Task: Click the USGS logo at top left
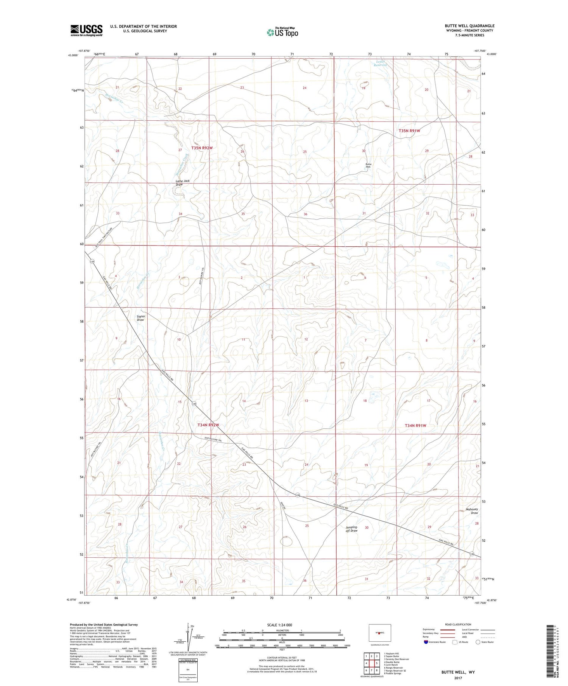pos(86,30)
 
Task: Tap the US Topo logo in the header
pos(282,32)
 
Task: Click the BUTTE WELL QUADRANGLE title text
pos(469,26)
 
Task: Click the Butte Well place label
pos(368,165)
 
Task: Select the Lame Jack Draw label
pos(182,183)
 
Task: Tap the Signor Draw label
pos(140,318)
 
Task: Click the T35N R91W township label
pos(409,131)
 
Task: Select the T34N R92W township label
pos(208,425)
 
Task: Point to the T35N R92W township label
pos(202,148)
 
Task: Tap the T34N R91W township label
pos(415,426)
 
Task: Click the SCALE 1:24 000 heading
pos(279,625)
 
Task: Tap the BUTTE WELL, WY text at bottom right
pos(457,672)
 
